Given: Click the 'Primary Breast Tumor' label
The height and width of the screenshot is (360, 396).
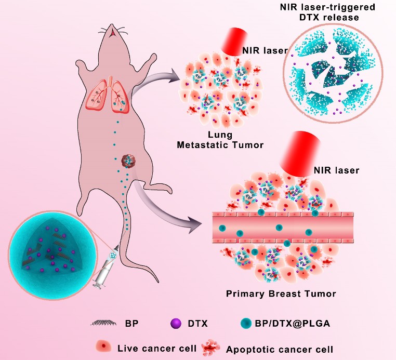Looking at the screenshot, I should pos(281,294).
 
